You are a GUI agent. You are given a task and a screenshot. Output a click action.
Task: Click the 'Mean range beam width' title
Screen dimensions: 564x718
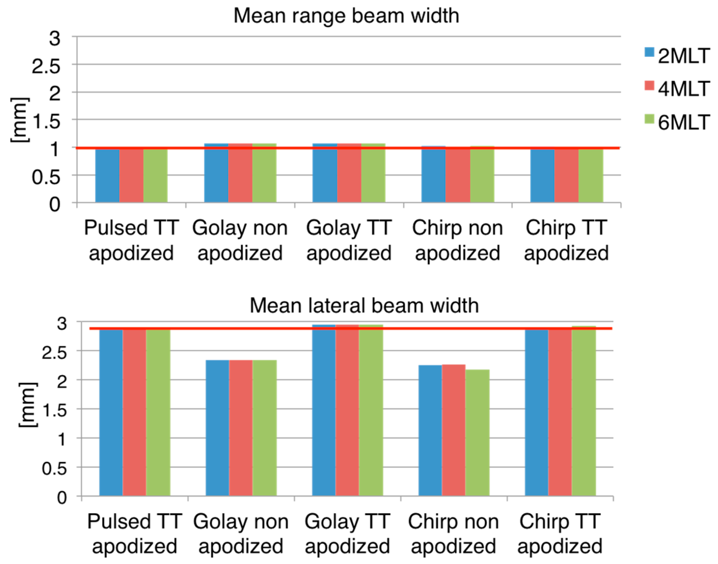(346, 16)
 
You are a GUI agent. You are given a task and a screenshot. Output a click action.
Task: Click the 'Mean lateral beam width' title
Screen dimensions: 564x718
(364, 305)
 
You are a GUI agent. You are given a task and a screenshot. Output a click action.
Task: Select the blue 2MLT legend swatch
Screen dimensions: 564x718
(649, 52)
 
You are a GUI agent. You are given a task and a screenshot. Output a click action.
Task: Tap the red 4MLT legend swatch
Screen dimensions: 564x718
(649, 85)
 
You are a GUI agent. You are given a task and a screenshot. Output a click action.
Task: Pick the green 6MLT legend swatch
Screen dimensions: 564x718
(649, 119)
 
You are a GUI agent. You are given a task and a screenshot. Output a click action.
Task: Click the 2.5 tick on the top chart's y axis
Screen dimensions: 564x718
(46, 66)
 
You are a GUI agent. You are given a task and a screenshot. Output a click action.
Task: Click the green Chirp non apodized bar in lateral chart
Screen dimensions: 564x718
(477, 433)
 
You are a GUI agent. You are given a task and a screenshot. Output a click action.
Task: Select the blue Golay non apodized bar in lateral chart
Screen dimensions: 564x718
(217, 428)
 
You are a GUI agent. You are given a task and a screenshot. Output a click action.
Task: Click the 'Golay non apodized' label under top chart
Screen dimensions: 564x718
(240, 241)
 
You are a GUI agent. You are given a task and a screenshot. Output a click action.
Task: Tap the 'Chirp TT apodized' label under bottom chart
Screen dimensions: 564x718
(560, 534)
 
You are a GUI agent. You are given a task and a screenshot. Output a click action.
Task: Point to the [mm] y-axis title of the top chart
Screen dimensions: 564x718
(19, 120)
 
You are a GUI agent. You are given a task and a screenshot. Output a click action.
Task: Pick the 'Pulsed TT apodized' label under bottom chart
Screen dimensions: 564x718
(135, 534)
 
